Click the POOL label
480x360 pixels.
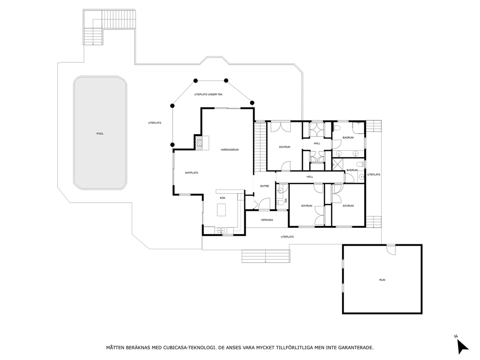pos(100,134)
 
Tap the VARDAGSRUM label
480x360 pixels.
pos(229,150)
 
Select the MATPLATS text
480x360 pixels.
pos(192,173)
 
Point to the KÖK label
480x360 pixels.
pos(223,198)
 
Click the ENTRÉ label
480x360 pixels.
pos(265,186)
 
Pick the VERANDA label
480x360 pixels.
pos(267,220)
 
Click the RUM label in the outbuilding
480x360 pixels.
pos(382,280)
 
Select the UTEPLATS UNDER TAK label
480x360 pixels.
pos(208,94)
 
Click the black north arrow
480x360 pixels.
pos(462,347)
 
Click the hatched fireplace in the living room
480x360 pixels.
pos(199,143)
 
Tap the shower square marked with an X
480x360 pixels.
pos(338,164)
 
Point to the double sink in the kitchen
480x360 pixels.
pos(221,230)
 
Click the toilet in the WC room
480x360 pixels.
pos(280,202)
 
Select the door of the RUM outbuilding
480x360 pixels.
pos(391,250)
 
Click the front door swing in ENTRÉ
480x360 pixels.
pos(264,204)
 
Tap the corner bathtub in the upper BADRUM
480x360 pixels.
pos(358,127)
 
